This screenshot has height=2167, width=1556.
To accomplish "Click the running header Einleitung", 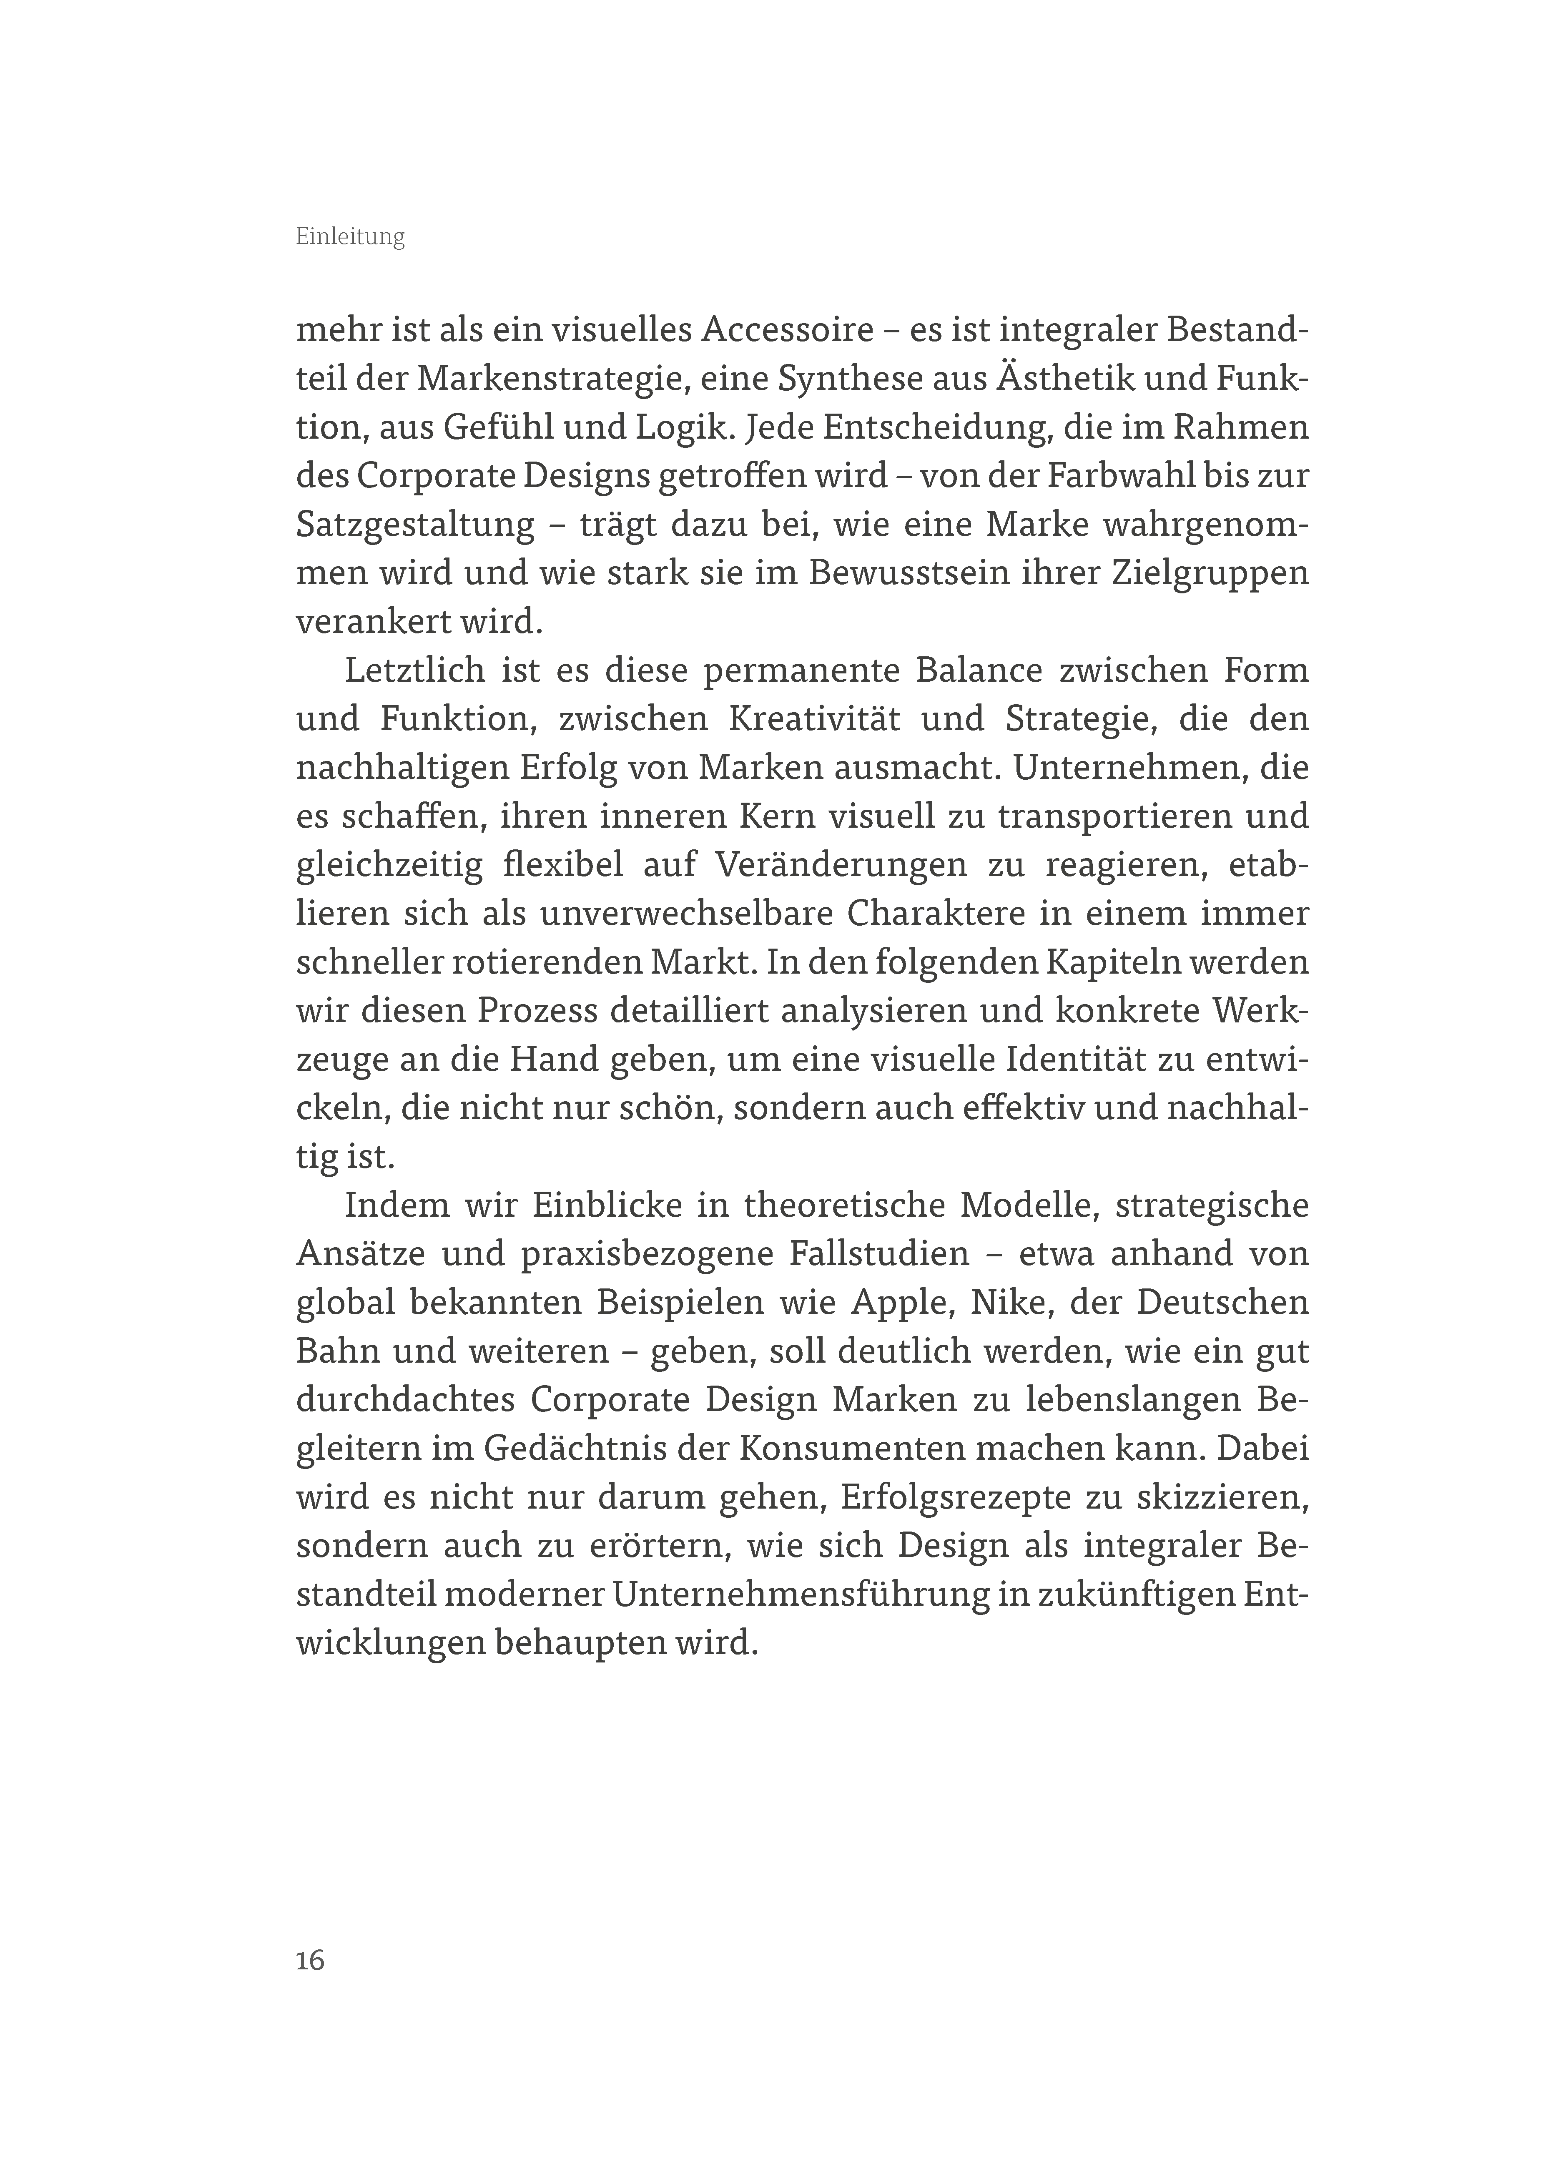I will coord(349,238).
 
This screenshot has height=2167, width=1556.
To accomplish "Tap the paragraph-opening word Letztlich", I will coord(414,671).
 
